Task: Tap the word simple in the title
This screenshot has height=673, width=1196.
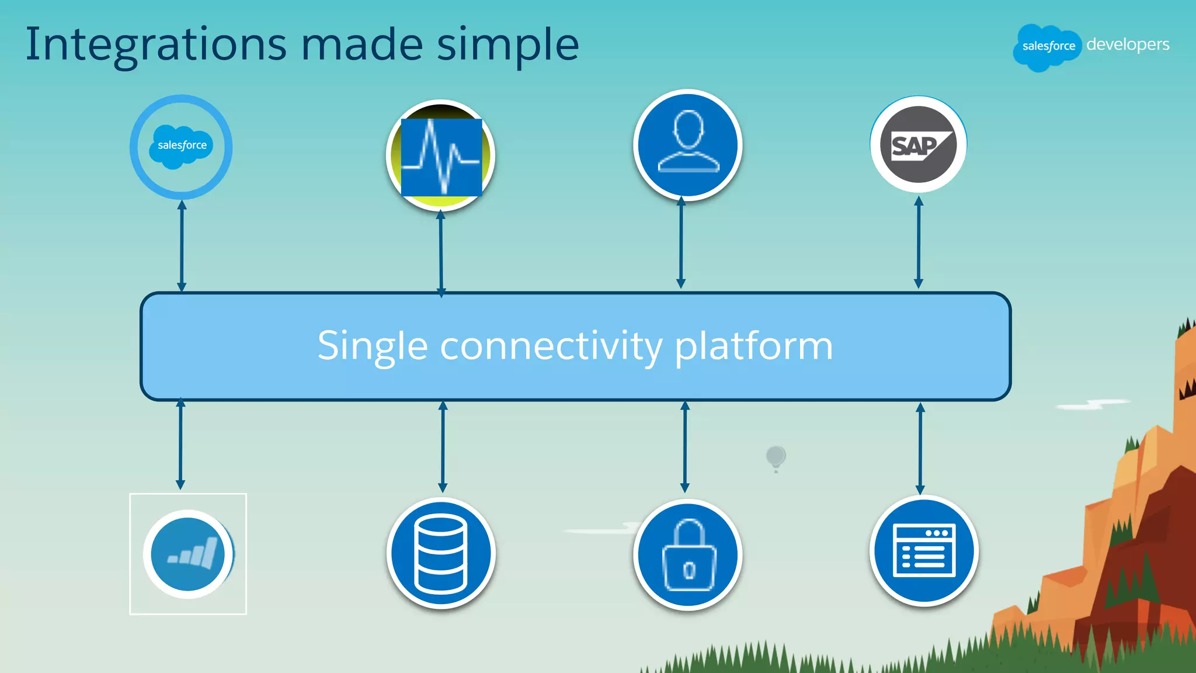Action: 507,45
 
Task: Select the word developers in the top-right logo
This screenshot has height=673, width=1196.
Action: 1127,44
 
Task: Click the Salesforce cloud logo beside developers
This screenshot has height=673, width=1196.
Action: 1048,47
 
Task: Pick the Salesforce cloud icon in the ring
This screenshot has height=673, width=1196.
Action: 181,146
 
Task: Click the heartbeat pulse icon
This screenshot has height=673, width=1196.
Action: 441,156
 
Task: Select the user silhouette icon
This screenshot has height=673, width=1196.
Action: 688,144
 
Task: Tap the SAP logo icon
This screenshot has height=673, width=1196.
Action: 919,144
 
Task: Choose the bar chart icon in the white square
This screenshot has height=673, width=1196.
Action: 188,554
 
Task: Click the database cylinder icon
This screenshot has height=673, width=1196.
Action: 441,553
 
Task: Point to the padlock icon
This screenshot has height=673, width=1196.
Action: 688,554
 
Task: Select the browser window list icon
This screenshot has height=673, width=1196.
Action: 924,550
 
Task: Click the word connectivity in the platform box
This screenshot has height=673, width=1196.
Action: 551,346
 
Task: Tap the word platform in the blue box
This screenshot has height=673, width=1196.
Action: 753,346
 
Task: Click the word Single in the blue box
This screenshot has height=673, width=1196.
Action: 372,346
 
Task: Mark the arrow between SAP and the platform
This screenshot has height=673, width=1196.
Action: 919,242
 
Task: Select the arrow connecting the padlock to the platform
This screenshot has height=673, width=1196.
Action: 685,447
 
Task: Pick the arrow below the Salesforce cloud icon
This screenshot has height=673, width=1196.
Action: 182,245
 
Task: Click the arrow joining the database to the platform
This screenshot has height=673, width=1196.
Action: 443,447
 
